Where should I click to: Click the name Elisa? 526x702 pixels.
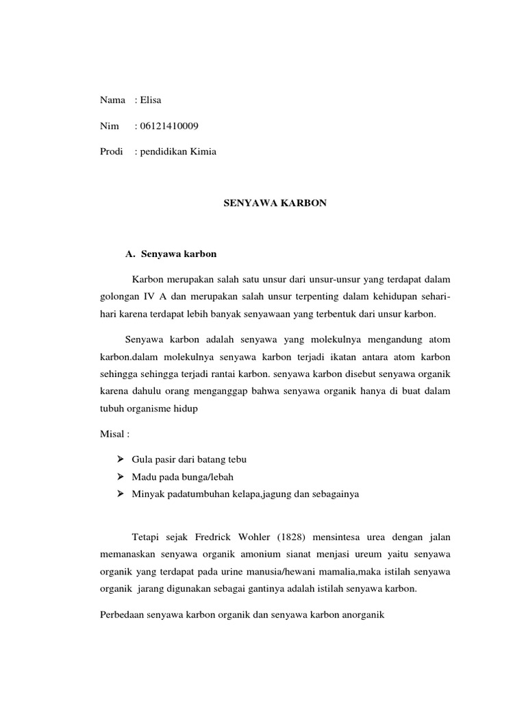pyautogui.click(x=150, y=101)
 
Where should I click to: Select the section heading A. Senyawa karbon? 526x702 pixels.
pyautogui.click(x=171, y=254)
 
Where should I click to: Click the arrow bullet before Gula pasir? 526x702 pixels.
pyautogui.click(x=121, y=458)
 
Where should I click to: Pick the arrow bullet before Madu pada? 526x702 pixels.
pyautogui.click(x=121, y=476)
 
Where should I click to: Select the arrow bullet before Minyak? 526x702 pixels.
pyautogui.click(x=121, y=494)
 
